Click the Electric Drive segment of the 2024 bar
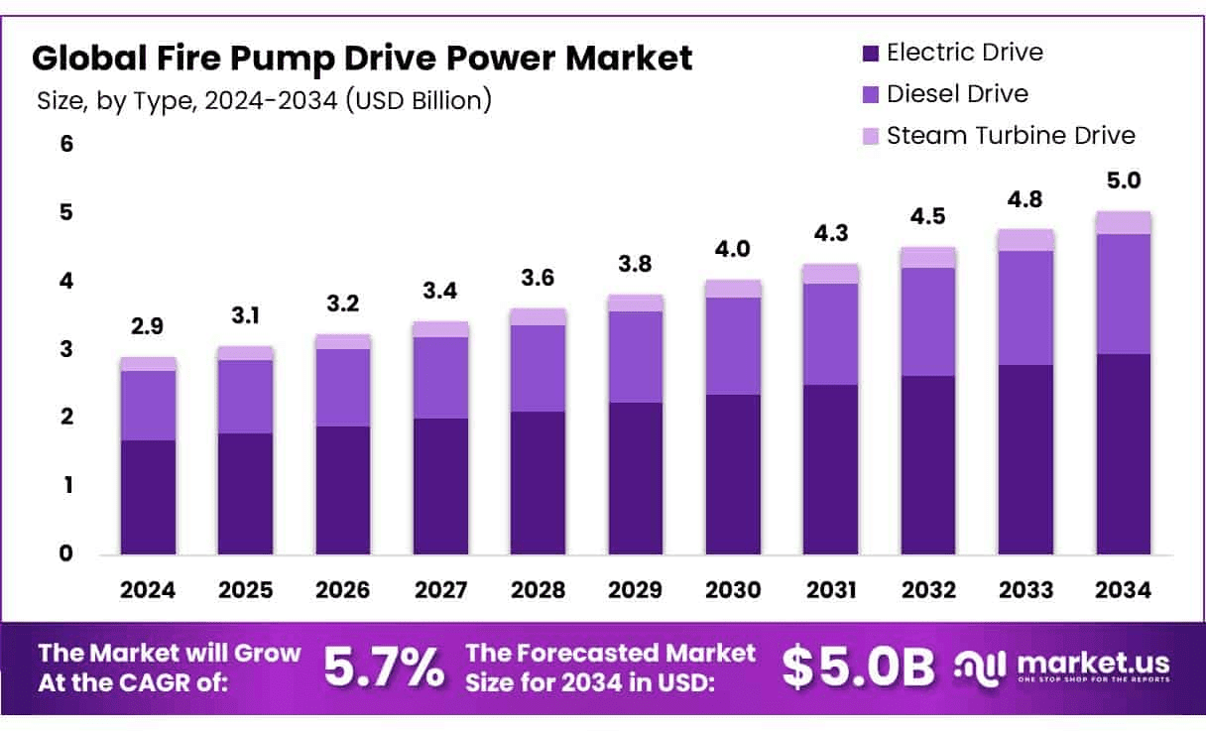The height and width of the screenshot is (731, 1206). click(x=148, y=497)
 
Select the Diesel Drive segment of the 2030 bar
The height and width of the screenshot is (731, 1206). click(x=733, y=346)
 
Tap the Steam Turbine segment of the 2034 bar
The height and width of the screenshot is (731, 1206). click(x=1124, y=223)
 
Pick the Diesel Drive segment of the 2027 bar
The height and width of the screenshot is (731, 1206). click(x=440, y=378)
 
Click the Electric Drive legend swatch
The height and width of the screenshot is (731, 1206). click(x=871, y=54)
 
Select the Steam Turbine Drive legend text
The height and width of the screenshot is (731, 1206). click(x=1011, y=135)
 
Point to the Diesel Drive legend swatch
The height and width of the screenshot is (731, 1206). click(x=871, y=94)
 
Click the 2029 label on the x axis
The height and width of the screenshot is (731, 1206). click(x=636, y=590)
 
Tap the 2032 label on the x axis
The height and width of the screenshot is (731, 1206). click(x=928, y=590)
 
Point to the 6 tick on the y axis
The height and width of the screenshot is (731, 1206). click(x=66, y=144)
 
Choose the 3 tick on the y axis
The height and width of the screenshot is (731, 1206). click(x=66, y=349)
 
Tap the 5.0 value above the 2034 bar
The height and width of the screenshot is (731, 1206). click(x=1124, y=181)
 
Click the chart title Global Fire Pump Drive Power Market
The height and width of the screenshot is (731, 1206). click(x=362, y=59)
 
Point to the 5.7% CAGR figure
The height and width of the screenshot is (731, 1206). click(x=385, y=669)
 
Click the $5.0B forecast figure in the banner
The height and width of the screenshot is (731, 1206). click(x=857, y=669)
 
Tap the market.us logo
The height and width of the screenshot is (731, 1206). click(x=1061, y=667)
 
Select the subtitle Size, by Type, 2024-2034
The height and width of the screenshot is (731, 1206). click(x=264, y=101)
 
